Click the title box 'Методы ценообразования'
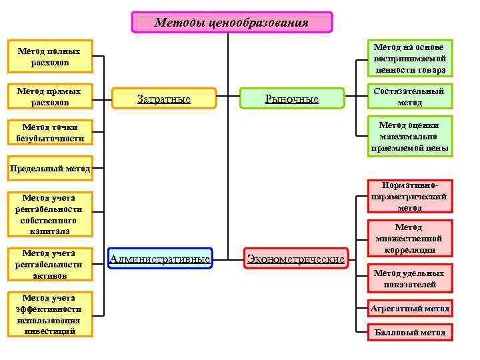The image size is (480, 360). [x=231, y=23]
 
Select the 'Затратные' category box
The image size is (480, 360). [x=164, y=99]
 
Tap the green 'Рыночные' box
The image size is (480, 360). [x=291, y=99]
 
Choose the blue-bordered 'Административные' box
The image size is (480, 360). [x=160, y=259]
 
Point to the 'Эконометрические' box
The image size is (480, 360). [x=296, y=259]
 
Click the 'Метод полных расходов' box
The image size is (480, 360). [x=49, y=57]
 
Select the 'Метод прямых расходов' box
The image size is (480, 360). [x=49, y=97]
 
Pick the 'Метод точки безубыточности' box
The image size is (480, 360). [x=49, y=132]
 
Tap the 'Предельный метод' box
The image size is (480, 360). [x=49, y=169]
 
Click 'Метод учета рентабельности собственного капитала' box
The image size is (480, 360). [x=49, y=214]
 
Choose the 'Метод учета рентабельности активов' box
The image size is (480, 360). [x=49, y=264]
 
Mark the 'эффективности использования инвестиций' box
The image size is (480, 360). [x=49, y=314]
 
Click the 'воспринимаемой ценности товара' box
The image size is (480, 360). [x=409, y=59]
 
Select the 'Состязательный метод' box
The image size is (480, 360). [x=409, y=97]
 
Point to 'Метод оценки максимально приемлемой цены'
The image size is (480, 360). [x=409, y=136]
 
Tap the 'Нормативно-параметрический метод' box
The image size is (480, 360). [x=409, y=197]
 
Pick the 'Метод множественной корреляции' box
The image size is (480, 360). [x=409, y=238]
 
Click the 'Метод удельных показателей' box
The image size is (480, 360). [x=409, y=279]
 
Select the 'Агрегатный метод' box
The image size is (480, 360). [x=409, y=309]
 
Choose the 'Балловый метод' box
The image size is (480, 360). [x=409, y=332]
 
